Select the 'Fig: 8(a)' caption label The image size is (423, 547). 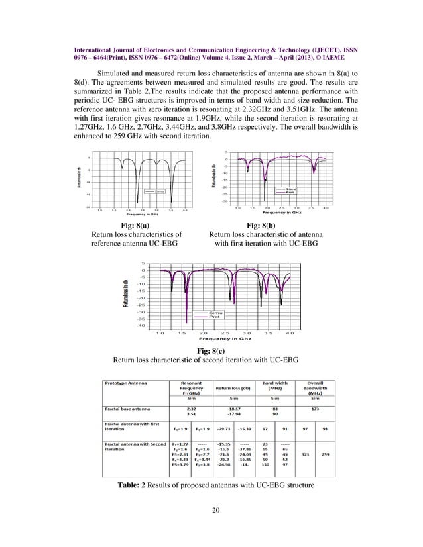click(x=136, y=224)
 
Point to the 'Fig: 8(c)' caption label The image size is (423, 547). click(x=211, y=350)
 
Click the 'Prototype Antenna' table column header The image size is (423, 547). click(x=129, y=382)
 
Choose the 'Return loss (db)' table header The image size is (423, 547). click(x=232, y=387)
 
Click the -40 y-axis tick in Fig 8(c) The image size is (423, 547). click(x=141, y=326)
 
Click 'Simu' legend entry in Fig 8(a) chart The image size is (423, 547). click(x=160, y=191)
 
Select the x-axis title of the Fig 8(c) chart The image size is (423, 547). click(x=213, y=340)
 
